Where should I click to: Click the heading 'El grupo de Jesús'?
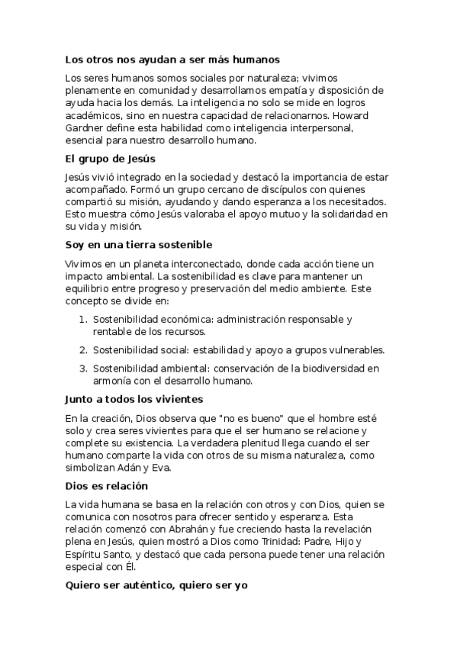coord(110,159)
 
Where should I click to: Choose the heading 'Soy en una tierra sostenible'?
coord(138,244)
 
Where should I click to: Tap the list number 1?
coord(82,319)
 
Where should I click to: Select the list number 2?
coord(82,349)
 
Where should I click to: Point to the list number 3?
coord(82,369)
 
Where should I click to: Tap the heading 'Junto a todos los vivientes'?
coord(134,399)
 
